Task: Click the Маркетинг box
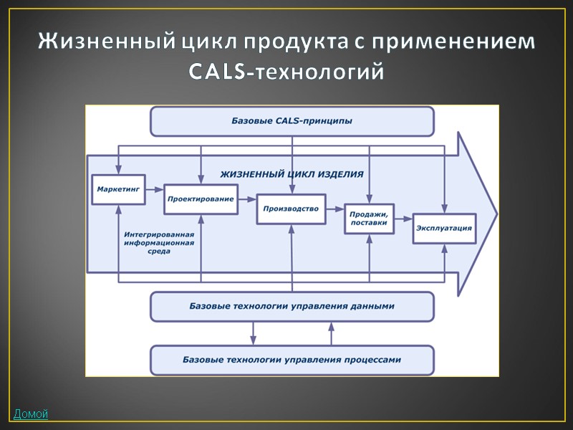click(117, 189)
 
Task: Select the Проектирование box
click(201, 199)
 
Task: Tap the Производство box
click(291, 209)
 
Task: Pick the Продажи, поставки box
click(369, 218)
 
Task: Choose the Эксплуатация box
click(444, 229)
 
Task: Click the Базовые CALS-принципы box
click(292, 121)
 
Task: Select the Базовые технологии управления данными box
click(292, 307)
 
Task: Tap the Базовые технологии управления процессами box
click(292, 360)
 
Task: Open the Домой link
click(30, 414)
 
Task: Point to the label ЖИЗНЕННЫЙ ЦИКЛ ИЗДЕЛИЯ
click(292, 174)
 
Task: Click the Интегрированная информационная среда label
click(159, 242)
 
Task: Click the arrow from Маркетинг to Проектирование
click(153, 190)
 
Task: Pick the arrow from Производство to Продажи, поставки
click(335, 209)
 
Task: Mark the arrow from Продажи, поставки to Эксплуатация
click(403, 218)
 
